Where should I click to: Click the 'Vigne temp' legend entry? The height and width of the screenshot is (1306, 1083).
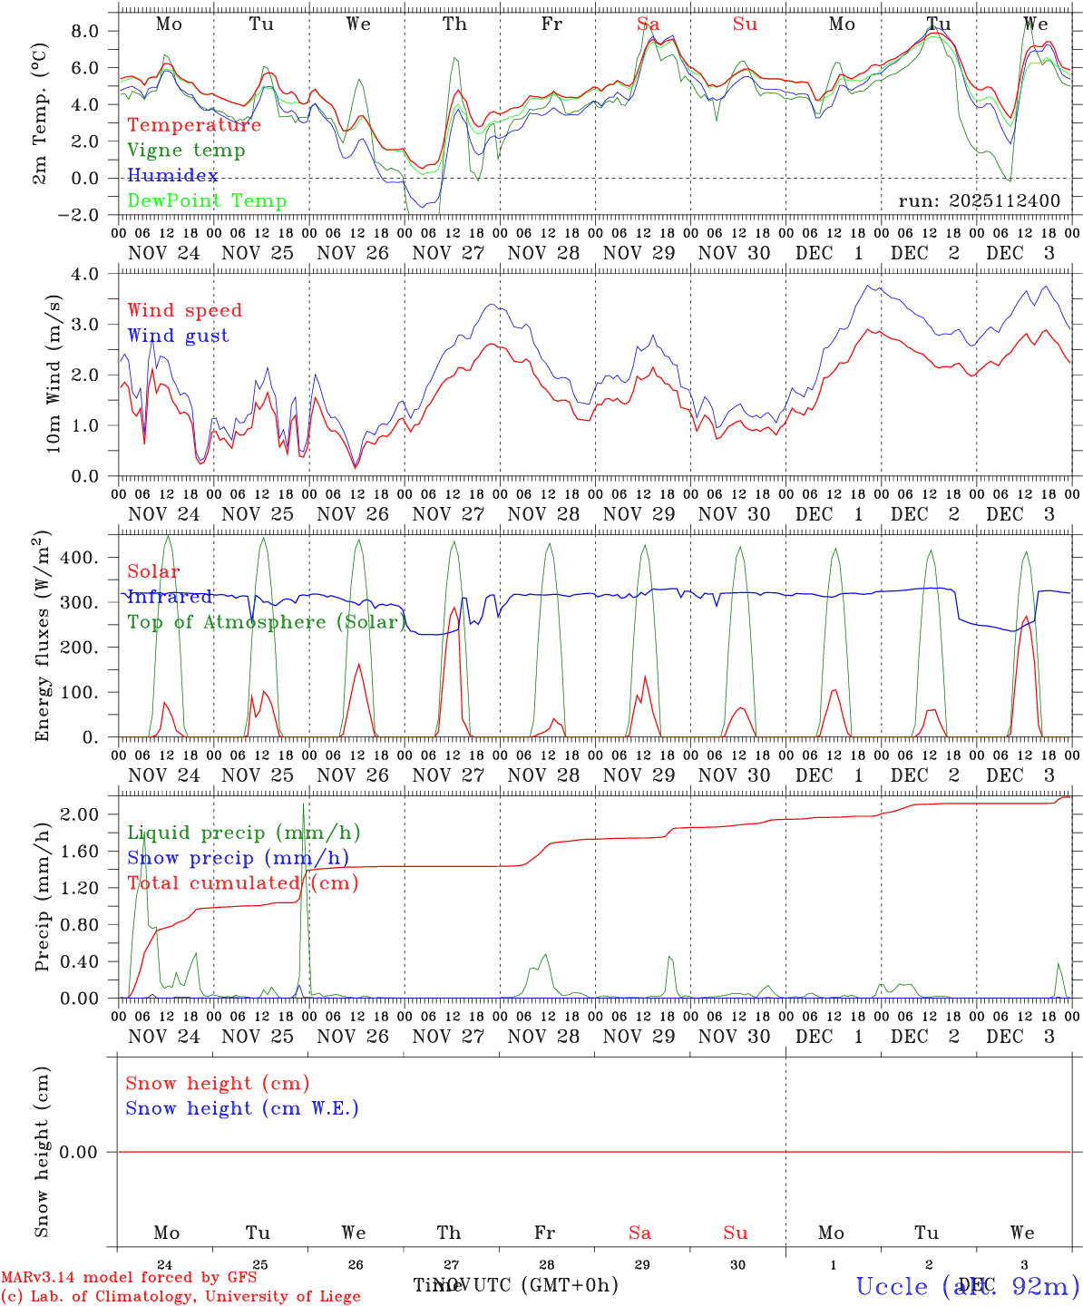point(186,151)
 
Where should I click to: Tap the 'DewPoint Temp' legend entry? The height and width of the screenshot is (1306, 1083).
point(207,201)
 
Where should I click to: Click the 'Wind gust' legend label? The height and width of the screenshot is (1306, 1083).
point(178,336)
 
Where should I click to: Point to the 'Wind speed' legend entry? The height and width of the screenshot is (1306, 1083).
point(185,311)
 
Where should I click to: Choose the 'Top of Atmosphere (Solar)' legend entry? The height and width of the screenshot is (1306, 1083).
point(267,622)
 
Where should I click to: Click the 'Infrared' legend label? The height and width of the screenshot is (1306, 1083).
point(170,597)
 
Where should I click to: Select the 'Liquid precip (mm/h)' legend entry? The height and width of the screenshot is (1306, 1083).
point(244,833)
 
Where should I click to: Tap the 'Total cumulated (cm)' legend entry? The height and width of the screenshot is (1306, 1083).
point(243,883)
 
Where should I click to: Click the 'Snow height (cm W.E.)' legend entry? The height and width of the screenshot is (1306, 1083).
point(242,1108)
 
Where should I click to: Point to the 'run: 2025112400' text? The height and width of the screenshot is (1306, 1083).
point(979,201)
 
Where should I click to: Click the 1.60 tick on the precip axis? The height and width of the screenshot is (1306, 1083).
point(82,851)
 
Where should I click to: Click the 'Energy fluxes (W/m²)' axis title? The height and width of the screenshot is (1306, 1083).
point(43,638)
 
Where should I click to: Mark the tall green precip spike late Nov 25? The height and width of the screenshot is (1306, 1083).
point(304,807)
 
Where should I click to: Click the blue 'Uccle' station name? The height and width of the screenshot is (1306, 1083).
point(892,1286)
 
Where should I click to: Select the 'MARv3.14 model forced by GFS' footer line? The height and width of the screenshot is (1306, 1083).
point(129,1278)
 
